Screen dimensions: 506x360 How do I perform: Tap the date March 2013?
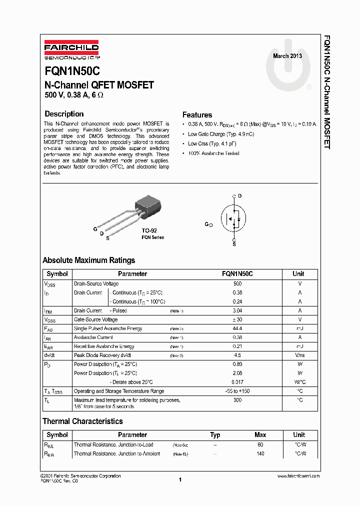pyautogui.click(x=287, y=56)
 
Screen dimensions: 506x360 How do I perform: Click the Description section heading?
pyautogui.click(x=64, y=114)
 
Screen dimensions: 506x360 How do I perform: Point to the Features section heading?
pyautogui.click(x=197, y=115)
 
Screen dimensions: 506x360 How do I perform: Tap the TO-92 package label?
pyautogui.click(x=149, y=230)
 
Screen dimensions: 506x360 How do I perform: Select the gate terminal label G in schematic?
pyautogui.click(x=206, y=225)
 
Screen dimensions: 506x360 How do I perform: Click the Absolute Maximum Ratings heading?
pyautogui.click(x=88, y=260)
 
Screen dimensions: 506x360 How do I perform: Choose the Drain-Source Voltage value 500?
pyautogui.click(x=237, y=283)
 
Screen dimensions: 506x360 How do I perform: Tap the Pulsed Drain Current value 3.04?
pyautogui.click(x=237, y=310)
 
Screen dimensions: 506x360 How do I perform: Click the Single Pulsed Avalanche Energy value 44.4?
pyautogui.click(x=237, y=328)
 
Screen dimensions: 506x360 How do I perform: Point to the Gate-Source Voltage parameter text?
pyautogui.click(x=96, y=319)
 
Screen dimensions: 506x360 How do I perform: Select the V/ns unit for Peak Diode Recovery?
pyautogui.click(x=299, y=355)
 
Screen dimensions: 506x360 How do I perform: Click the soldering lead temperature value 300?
pyautogui.click(x=237, y=400)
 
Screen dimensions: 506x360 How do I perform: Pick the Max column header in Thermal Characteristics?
pyautogui.click(x=260, y=435)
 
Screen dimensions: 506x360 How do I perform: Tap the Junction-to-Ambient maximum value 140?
pyautogui.click(x=260, y=453)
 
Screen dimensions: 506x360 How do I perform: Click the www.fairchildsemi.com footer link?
pyautogui.click(x=298, y=476)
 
